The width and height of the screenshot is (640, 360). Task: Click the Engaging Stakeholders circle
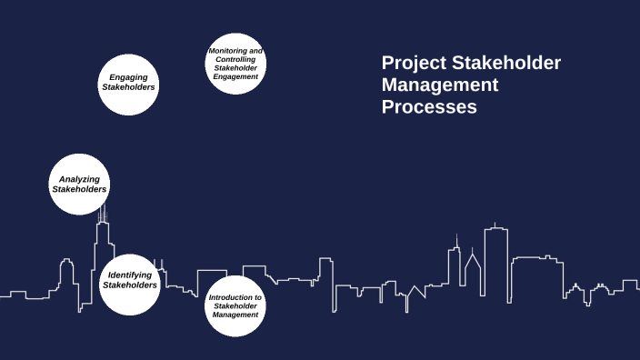[x=128, y=83]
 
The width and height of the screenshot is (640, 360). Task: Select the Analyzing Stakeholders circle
[x=79, y=184]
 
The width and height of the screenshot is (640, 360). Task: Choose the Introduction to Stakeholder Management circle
[x=235, y=306]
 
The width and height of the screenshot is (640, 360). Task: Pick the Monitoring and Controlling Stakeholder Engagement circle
[x=235, y=64]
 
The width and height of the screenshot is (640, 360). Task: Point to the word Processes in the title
[x=429, y=107]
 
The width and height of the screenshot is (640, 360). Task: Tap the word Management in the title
[x=440, y=85]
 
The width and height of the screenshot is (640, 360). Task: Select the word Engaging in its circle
[x=128, y=77]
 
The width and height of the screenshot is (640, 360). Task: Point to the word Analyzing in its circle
[x=79, y=179]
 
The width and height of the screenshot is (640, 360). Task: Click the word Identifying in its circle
[x=130, y=275]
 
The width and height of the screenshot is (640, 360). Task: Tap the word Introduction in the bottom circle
[x=235, y=297]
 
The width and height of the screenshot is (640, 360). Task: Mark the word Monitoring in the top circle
[x=235, y=51]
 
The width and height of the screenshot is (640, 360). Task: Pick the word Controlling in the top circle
[x=235, y=59]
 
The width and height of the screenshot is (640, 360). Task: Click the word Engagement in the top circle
[x=235, y=76]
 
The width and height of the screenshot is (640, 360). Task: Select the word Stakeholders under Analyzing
[x=79, y=189]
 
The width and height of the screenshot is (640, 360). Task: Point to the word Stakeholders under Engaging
[x=128, y=87]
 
